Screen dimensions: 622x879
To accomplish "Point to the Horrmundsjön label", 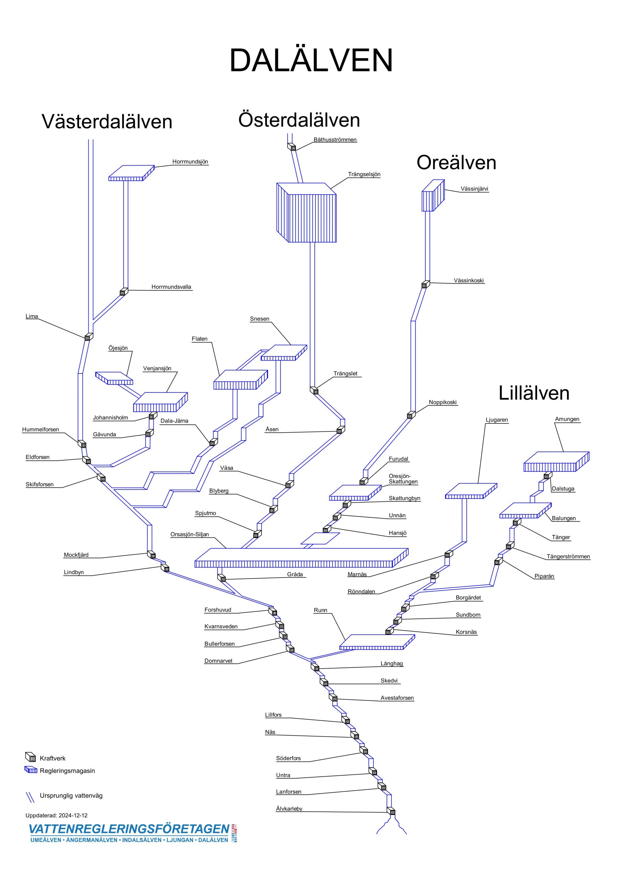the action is click(x=190, y=162).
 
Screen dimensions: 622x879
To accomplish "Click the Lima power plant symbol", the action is click(x=88, y=337).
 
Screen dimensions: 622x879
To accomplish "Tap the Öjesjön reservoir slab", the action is click(x=114, y=378).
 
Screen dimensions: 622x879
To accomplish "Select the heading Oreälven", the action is click(x=456, y=162).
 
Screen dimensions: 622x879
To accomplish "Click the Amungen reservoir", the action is click(x=556, y=462).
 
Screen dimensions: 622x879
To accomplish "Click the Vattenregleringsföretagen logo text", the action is click(x=129, y=829).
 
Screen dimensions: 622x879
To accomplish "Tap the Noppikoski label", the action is click(x=442, y=402).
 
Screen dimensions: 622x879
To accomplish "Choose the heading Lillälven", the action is click(x=533, y=393).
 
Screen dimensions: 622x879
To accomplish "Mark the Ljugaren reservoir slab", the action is click(x=470, y=491).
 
